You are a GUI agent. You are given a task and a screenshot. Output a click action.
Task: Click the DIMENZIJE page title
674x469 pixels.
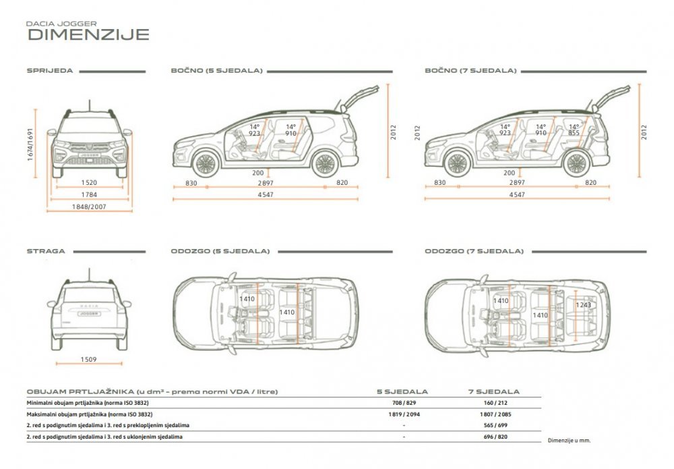(88, 34)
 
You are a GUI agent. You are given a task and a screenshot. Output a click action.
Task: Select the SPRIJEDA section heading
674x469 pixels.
(50, 71)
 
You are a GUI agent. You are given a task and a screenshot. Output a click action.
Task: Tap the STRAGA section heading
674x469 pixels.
(46, 251)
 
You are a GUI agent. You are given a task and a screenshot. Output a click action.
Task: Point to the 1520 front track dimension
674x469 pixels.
(89, 182)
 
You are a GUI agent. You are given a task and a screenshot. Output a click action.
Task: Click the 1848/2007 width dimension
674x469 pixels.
(89, 206)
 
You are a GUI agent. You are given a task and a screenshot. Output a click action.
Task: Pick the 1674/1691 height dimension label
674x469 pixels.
(30, 144)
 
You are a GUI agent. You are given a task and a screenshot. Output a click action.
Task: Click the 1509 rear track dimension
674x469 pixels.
(88, 359)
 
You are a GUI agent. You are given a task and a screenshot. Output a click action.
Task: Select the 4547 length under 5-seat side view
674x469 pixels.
(265, 194)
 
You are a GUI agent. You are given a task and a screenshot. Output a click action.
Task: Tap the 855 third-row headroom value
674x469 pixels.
(574, 133)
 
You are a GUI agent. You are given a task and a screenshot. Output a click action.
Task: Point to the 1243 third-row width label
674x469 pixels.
(583, 304)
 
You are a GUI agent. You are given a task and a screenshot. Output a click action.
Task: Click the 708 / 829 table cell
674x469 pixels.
(404, 403)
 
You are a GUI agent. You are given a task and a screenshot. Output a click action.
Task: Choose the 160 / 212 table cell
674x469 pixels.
(495, 403)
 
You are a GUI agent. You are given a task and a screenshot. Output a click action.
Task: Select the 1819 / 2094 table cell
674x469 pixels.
(404, 414)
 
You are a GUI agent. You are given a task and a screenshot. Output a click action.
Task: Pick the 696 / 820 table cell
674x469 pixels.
(495, 437)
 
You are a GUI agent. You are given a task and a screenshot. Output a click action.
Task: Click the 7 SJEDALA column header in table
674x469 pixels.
(494, 391)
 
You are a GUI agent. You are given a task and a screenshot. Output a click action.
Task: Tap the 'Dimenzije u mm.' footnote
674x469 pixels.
(569, 441)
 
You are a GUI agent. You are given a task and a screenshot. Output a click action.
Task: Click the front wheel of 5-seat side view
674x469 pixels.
(206, 163)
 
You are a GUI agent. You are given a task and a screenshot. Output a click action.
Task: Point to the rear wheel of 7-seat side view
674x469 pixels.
(576, 163)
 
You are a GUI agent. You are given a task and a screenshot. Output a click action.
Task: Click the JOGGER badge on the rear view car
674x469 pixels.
(89, 314)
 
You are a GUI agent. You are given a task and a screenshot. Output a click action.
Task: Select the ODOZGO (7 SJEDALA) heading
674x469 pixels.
(474, 251)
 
